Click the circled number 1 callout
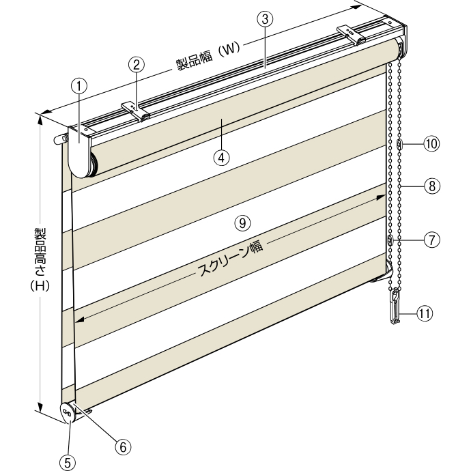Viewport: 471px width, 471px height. [x=78, y=87]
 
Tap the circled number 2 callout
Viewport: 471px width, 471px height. [x=137, y=65]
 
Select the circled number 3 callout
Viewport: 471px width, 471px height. [x=265, y=19]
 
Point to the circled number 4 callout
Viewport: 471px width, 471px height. [x=221, y=158]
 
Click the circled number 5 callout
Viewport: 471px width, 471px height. [x=68, y=463]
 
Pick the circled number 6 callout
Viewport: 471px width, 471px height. [x=123, y=447]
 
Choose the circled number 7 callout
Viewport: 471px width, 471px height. [x=431, y=240]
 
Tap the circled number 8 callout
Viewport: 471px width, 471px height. [x=432, y=186]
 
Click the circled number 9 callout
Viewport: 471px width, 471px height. [x=242, y=223]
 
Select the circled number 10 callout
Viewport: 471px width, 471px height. [x=431, y=144]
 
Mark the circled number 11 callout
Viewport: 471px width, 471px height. [x=425, y=313]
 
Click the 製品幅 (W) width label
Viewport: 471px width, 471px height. [x=208, y=56]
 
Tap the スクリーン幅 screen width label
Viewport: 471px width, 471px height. [x=230, y=258]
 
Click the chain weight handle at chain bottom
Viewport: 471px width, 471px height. [x=395, y=306]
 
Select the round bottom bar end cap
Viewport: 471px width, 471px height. [x=68, y=413]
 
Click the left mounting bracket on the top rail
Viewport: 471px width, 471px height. [x=136, y=111]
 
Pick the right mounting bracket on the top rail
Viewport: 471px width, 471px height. [x=351, y=35]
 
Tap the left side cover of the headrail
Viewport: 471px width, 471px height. [x=79, y=152]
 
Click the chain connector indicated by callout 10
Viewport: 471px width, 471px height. [x=399, y=144]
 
